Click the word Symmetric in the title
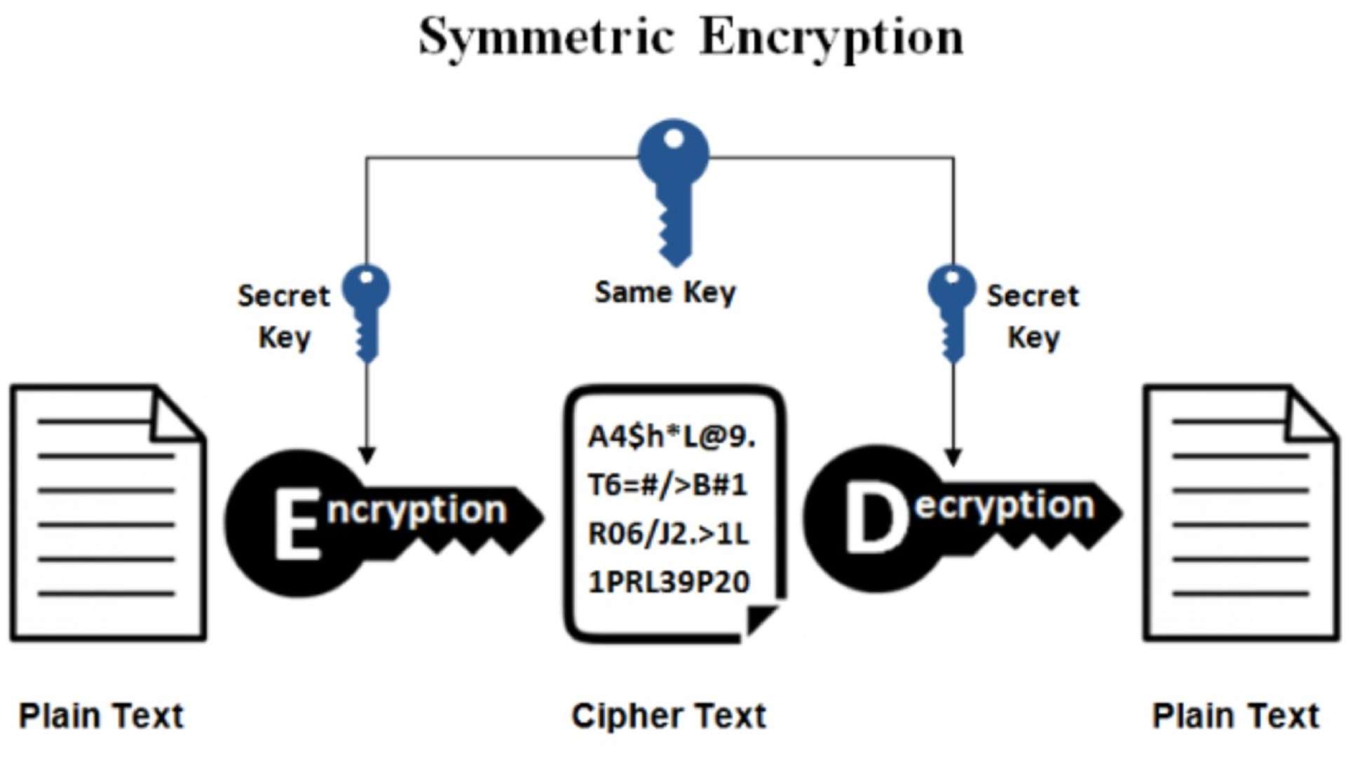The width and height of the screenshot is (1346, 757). [x=547, y=36]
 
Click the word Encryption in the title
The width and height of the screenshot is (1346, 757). [x=831, y=36]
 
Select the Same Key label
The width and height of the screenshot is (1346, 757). [x=665, y=292]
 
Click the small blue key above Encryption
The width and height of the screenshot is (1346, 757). [x=366, y=312]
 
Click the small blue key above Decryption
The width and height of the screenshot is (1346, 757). [x=951, y=312]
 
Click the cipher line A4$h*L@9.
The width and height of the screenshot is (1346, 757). [x=672, y=437]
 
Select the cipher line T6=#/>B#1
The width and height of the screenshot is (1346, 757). [x=667, y=485]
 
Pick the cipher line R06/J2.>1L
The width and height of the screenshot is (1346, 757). [x=668, y=533]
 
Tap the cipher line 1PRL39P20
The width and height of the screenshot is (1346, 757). [x=669, y=582]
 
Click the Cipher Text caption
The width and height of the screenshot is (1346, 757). [x=669, y=716]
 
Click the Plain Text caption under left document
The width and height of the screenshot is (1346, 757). [x=101, y=716]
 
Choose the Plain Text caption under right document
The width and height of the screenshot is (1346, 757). [x=1236, y=716]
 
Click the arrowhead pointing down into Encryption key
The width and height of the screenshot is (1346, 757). [x=367, y=456]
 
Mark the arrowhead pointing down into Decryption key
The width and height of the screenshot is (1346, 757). [x=952, y=456]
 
